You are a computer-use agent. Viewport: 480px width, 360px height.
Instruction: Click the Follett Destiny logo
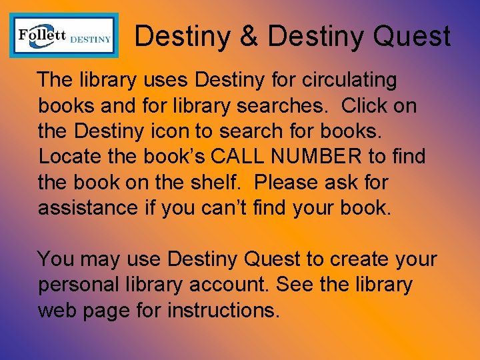64,35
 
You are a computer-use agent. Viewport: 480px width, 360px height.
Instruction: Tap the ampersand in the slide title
249,37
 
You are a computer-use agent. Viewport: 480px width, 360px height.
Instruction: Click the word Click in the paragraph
366,105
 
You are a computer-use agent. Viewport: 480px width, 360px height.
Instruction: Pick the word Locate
69,157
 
